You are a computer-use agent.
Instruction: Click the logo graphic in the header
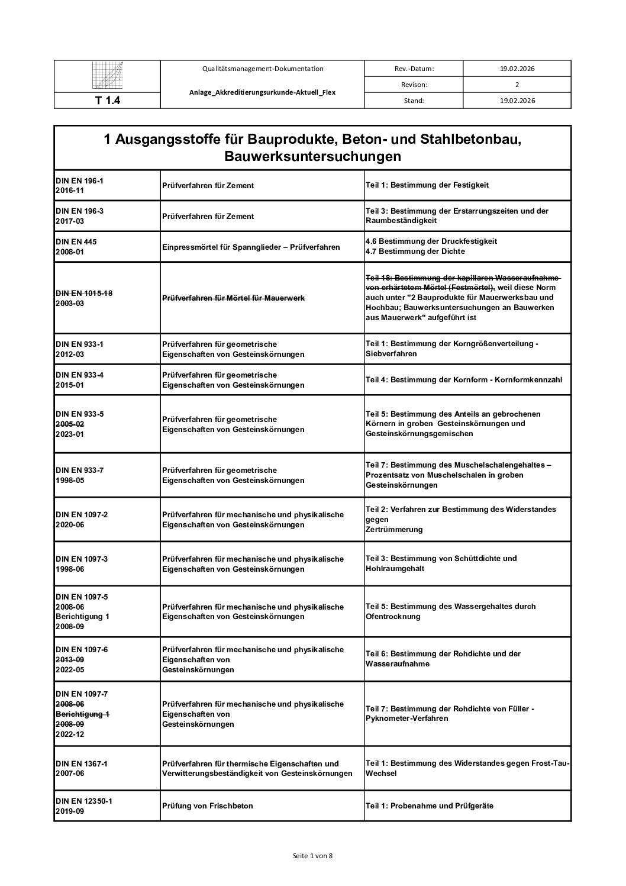click(107, 76)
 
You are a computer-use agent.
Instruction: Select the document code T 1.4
click(107, 101)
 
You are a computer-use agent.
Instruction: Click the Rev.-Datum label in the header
click(414, 69)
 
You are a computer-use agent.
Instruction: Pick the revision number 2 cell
click(517, 85)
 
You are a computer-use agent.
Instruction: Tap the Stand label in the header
click(414, 101)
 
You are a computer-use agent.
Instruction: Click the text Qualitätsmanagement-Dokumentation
click(262, 69)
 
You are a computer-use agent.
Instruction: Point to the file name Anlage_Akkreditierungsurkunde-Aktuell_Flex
click(262, 92)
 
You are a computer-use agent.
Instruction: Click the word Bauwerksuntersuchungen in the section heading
click(312, 157)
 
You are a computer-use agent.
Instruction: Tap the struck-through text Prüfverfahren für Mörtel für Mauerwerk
click(234, 298)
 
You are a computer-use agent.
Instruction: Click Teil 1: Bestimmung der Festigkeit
click(427, 185)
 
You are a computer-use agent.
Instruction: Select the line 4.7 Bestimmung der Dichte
click(415, 252)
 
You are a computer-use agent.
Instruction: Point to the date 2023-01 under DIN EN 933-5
click(70, 434)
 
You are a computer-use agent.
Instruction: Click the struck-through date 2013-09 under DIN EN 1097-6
click(70, 659)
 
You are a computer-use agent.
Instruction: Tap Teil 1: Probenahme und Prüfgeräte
click(429, 806)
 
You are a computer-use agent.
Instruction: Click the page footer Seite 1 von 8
click(313, 855)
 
